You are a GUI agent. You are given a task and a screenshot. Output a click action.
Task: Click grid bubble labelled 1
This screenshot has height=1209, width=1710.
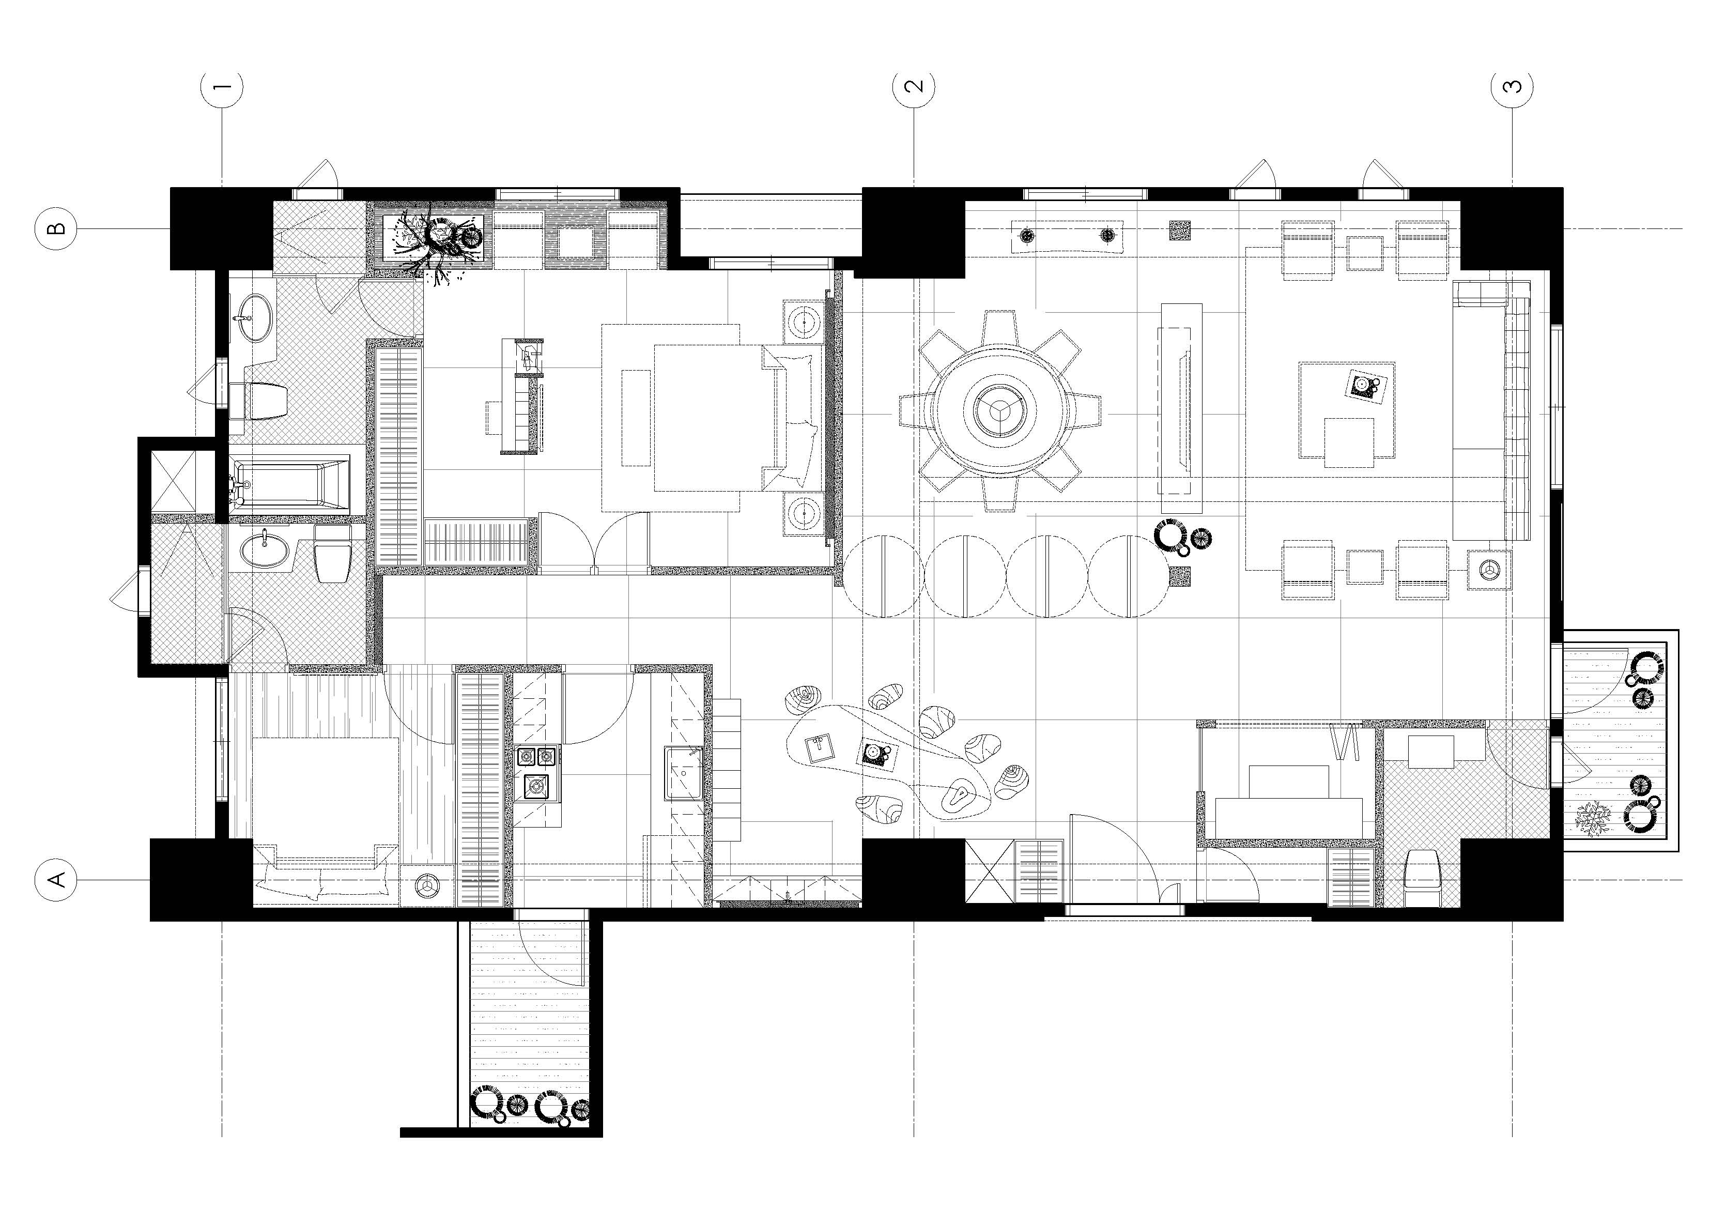point(222,87)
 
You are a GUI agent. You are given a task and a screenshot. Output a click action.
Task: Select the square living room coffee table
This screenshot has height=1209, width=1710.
point(1347,410)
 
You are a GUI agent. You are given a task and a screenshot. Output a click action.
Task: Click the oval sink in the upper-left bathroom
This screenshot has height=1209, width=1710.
point(253,318)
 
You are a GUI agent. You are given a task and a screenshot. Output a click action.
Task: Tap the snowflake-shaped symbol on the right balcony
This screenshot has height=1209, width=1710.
point(1592,818)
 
